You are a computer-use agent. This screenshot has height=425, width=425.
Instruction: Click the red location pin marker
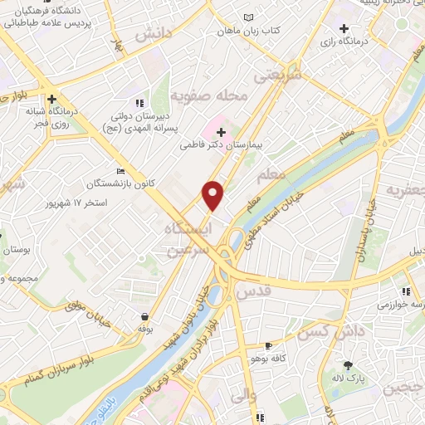coord(214,194)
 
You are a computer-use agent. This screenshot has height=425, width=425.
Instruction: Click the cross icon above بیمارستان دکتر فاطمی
coord(220,130)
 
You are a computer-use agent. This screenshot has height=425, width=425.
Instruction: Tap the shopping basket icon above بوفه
coord(145,316)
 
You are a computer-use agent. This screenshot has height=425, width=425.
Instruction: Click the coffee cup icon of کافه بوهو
coord(268,344)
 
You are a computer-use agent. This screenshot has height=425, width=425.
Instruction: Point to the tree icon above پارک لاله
coord(347,366)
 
